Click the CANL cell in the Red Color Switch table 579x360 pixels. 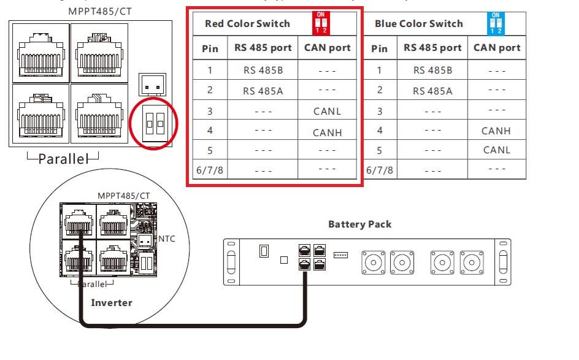click(327, 111)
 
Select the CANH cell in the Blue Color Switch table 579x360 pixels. click(496, 130)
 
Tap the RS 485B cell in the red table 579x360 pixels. click(263, 70)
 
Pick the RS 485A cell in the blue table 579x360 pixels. click(432, 91)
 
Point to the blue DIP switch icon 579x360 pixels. click(496, 23)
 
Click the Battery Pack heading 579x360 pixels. click(359, 224)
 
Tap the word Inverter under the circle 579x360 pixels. click(112, 302)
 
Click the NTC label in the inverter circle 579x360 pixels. click(167, 238)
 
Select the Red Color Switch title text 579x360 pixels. click(247, 24)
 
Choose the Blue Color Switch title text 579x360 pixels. click(418, 24)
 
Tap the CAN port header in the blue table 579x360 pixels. click(497, 47)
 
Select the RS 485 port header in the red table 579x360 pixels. click(263, 47)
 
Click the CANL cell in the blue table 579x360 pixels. click(496, 150)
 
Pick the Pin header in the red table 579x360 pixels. click(210, 48)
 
